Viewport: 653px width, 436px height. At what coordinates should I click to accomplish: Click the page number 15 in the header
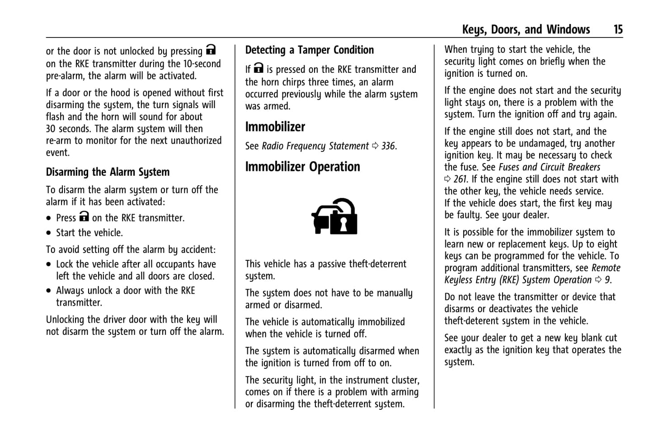pos(618,30)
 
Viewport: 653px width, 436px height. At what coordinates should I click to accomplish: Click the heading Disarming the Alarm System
pos(108,172)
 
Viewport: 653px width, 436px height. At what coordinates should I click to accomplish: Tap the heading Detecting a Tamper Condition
pos(310,50)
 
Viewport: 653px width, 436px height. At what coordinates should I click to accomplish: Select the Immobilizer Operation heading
pos(302,167)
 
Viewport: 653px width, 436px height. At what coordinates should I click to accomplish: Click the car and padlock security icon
pos(334,217)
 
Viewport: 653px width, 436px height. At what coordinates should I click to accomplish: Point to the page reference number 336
pos(388,146)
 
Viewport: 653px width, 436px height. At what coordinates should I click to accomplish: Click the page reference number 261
pos(461,179)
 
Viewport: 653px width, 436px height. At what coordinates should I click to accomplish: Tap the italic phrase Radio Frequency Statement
pos(315,146)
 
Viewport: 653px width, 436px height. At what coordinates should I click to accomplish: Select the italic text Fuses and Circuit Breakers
pos(549,167)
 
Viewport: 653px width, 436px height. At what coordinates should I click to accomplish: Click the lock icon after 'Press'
pos(84,216)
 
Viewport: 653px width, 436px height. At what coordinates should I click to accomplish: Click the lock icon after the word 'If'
pos(258,68)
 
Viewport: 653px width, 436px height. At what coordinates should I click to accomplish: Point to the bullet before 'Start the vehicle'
pos(49,234)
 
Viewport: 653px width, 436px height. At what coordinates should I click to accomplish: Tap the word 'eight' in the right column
pos(607,244)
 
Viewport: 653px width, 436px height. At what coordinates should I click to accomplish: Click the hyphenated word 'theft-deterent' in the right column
pos(473,321)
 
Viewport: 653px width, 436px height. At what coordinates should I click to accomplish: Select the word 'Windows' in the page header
pos(568,30)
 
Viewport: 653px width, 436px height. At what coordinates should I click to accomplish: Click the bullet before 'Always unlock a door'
pos(49,291)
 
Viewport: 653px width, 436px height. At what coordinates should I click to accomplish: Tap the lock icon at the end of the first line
pos(211,50)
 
